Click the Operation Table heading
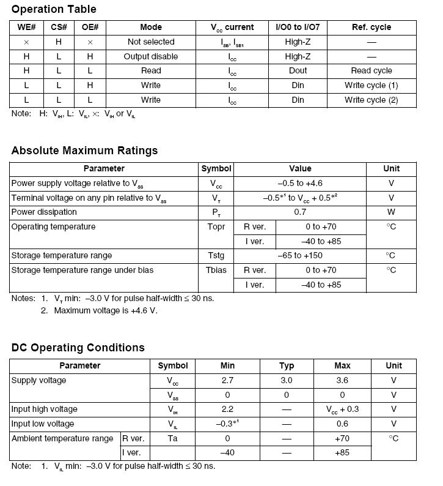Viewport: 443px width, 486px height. tap(54, 9)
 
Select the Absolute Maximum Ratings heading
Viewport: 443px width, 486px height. tap(84, 151)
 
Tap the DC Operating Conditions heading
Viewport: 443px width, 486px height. tap(78, 348)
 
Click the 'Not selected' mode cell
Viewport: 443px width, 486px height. tap(151, 42)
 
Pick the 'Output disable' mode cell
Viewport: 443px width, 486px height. tap(151, 56)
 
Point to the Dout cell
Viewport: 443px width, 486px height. tap(298, 71)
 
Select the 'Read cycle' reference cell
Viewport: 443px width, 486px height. tap(372, 71)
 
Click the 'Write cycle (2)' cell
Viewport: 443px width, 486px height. tap(372, 100)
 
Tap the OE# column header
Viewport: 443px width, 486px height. tap(90, 28)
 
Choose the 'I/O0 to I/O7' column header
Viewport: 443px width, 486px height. tap(298, 28)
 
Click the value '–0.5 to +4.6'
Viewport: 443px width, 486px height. tap(300, 183)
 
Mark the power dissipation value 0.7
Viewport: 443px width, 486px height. tap(300, 212)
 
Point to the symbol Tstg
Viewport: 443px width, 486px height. tap(217, 255)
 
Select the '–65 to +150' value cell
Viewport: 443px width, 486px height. tap(300, 255)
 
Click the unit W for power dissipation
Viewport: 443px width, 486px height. tap(391, 212)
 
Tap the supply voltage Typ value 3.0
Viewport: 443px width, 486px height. tap(287, 380)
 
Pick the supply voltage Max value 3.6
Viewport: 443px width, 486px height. tap(342, 380)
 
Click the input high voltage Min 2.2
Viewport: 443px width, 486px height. tap(227, 409)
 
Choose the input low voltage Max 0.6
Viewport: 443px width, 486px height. tap(342, 424)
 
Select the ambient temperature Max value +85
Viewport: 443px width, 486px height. tap(342, 453)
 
